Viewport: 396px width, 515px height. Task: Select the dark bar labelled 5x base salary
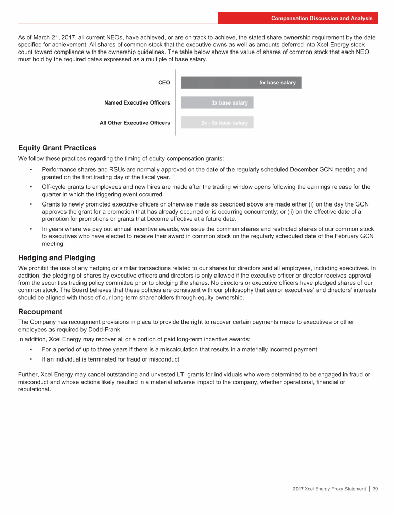(x=241, y=82)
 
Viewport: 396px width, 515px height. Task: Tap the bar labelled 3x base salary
(x=217, y=102)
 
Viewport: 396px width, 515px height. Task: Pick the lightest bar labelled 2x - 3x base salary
(x=217, y=123)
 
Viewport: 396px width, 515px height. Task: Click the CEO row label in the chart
(x=164, y=82)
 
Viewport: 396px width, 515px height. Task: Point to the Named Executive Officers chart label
(x=137, y=102)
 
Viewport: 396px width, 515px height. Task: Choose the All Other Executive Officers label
(x=135, y=123)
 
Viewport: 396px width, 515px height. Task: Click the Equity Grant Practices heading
(x=57, y=148)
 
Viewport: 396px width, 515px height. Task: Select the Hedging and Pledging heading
(x=56, y=257)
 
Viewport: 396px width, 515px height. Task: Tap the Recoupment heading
(x=40, y=312)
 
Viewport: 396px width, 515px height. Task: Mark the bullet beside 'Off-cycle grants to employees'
(x=31, y=187)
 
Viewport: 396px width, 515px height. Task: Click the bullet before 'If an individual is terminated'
(x=31, y=359)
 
